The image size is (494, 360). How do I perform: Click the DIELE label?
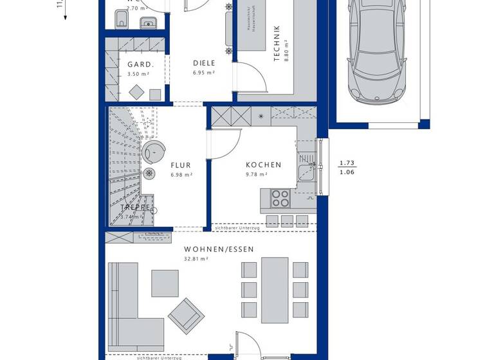coord(204,63)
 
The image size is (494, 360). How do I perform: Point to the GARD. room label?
coord(140,64)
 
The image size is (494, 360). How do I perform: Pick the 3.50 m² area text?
coord(138,74)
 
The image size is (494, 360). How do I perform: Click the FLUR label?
coord(181,165)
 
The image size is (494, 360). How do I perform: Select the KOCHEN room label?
coord(263,165)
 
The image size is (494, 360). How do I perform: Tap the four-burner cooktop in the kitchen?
coord(281,198)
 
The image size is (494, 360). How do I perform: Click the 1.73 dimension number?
coord(347,163)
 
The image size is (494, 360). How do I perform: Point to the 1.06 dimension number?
coord(347,172)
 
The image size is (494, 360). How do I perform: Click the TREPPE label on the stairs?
coord(136,207)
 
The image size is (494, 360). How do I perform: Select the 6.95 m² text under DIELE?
coord(203,73)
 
